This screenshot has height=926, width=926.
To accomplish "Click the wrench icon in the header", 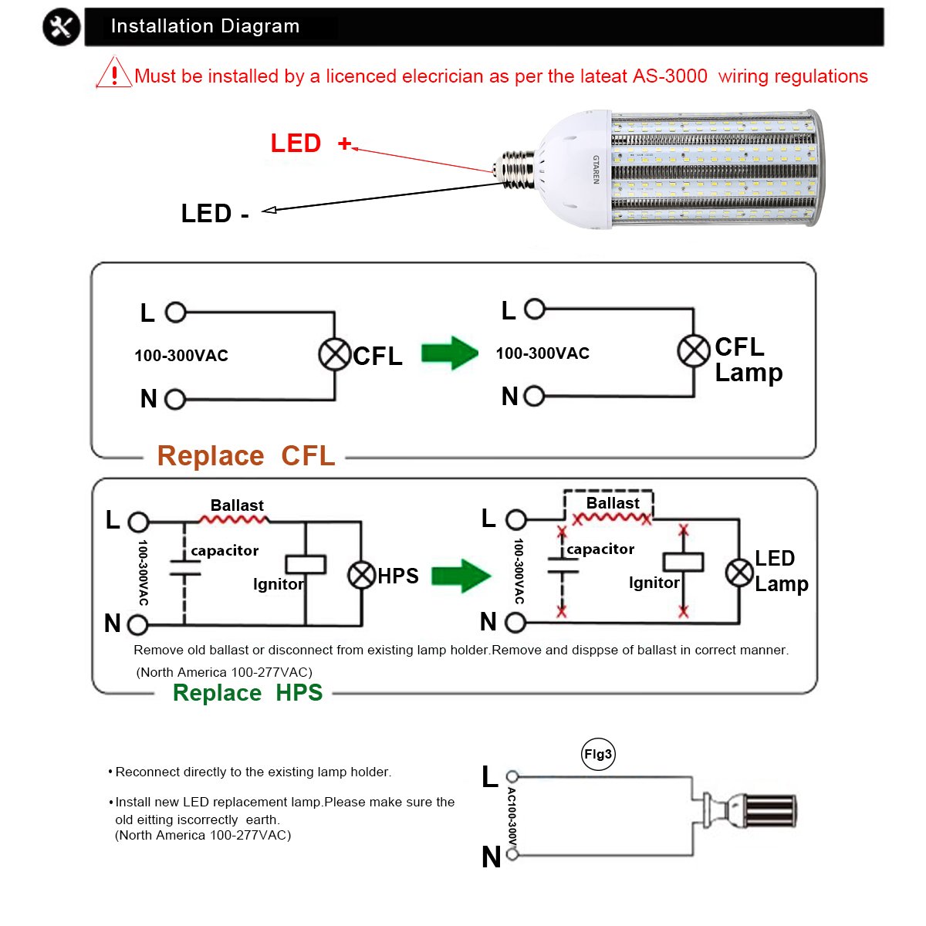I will [x=62, y=28].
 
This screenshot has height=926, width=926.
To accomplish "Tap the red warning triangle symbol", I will [x=113, y=73].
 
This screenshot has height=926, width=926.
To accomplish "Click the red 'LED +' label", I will [x=310, y=144].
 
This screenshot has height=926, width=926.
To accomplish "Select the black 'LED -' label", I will [x=215, y=214].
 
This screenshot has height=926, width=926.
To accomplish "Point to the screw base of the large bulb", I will [x=518, y=169].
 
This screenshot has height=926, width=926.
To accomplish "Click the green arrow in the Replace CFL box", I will [x=449, y=353].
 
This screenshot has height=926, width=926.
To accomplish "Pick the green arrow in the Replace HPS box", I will [x=461, y=576].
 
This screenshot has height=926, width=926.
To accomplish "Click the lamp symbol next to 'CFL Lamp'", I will [x=694, y=351].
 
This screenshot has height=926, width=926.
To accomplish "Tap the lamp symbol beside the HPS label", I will [x=361, y=575].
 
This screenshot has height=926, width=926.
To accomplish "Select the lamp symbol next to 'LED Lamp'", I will [x=739, y=573].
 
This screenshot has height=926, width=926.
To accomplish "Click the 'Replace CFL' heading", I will [x=245, y=456].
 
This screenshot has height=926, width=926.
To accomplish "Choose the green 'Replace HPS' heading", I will [x=248, y=693].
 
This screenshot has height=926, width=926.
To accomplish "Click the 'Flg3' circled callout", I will [x=598, y=755].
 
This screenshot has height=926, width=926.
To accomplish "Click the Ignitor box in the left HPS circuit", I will [x=306, y=564].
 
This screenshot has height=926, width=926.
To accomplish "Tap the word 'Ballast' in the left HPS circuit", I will [x=237, y=505].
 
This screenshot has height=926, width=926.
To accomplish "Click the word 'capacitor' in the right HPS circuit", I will [x=600, y=549].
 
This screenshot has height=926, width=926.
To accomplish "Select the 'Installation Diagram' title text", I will [x=204, y=26].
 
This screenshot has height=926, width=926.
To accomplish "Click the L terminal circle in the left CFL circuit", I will [x=176, y=313].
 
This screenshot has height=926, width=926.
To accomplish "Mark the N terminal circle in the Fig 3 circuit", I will [x=512, y=853].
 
